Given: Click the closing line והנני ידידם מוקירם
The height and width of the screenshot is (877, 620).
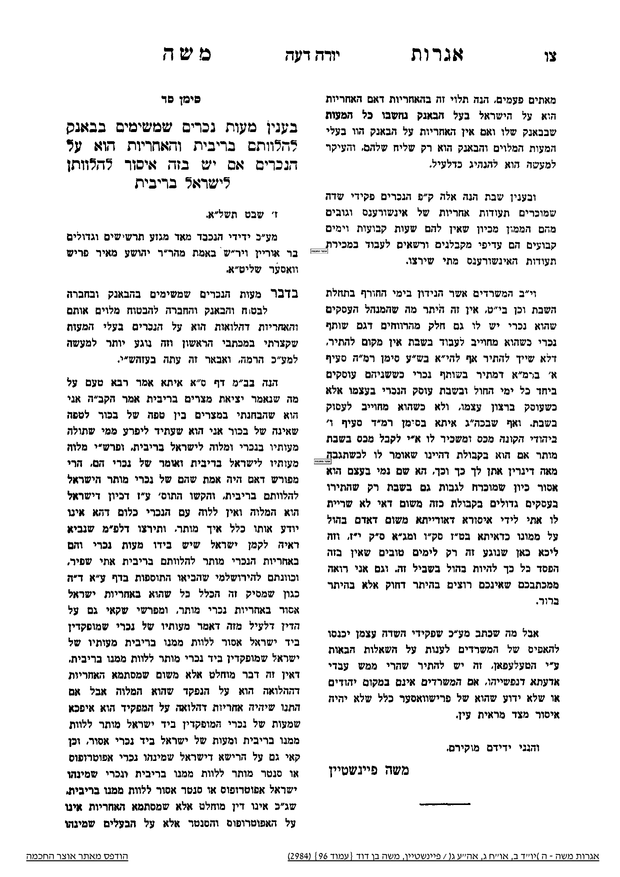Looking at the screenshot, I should coord(491,748).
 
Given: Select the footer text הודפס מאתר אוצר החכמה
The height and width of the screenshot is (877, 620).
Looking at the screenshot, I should coord(77,856).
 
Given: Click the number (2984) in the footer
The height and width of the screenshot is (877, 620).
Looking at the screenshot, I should coord(300,856).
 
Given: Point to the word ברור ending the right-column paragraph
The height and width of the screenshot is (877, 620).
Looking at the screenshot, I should coord(546,602).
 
